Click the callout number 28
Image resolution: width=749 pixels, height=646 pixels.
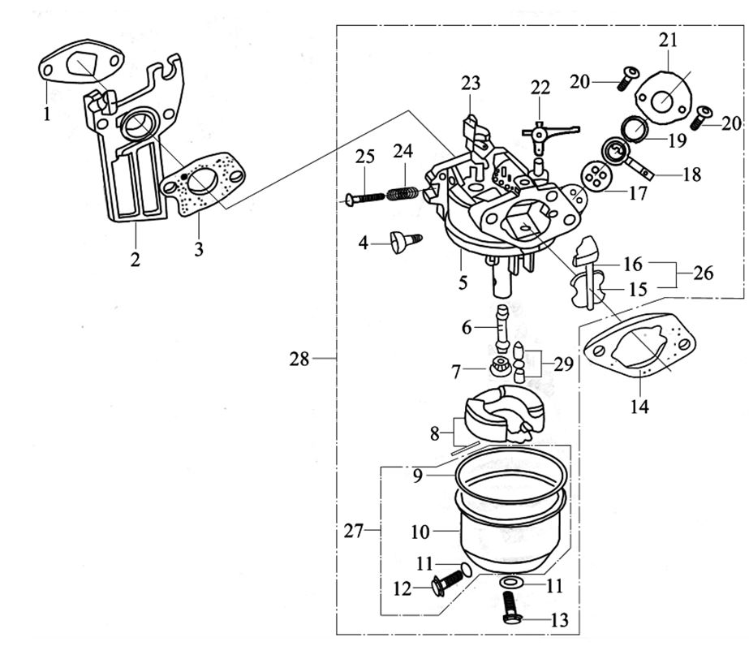pyautogui.click(x=299, y=358)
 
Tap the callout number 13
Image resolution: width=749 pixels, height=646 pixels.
pyautogui.click(x=559, y=621)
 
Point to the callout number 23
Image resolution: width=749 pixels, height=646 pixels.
pyautogui.click(x=471, y=83)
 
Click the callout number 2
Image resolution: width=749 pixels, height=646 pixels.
pyautogui.click(x=135, y=260)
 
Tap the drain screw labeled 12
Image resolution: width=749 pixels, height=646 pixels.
pyautogui.click(x=449, y=581)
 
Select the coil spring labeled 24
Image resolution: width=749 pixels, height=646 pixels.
pyautogui.click(x=402, y=193)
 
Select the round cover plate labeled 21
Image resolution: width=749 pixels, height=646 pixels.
pyautogui.click(x=665, y=99)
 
